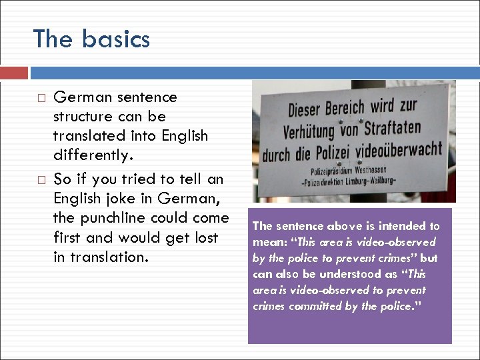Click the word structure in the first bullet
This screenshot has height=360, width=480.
click(x=83, y=117)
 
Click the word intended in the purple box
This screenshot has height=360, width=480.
click(x=395, y=226)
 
